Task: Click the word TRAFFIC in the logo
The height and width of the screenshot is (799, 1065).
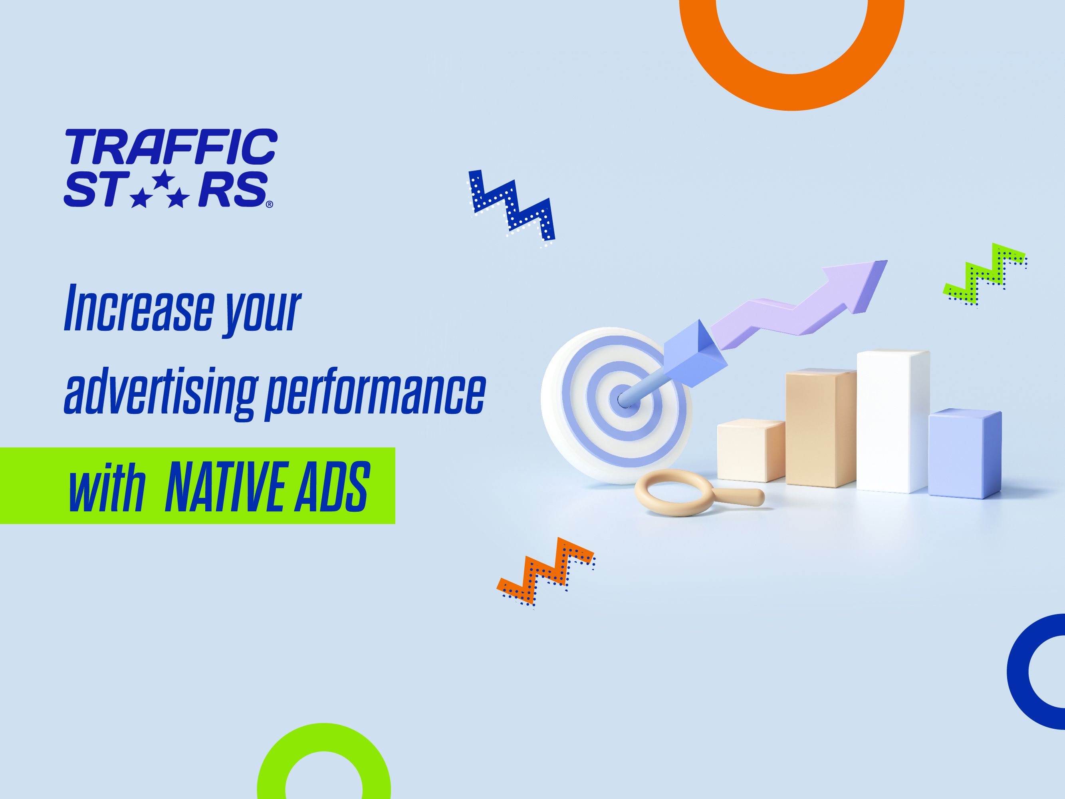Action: pyautogui.click(x=171, y=146)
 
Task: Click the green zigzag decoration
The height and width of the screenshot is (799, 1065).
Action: pyautogui.click(x=983, y=275)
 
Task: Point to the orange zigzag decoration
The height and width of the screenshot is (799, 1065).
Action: pyautogui.click(x=546, y=572)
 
